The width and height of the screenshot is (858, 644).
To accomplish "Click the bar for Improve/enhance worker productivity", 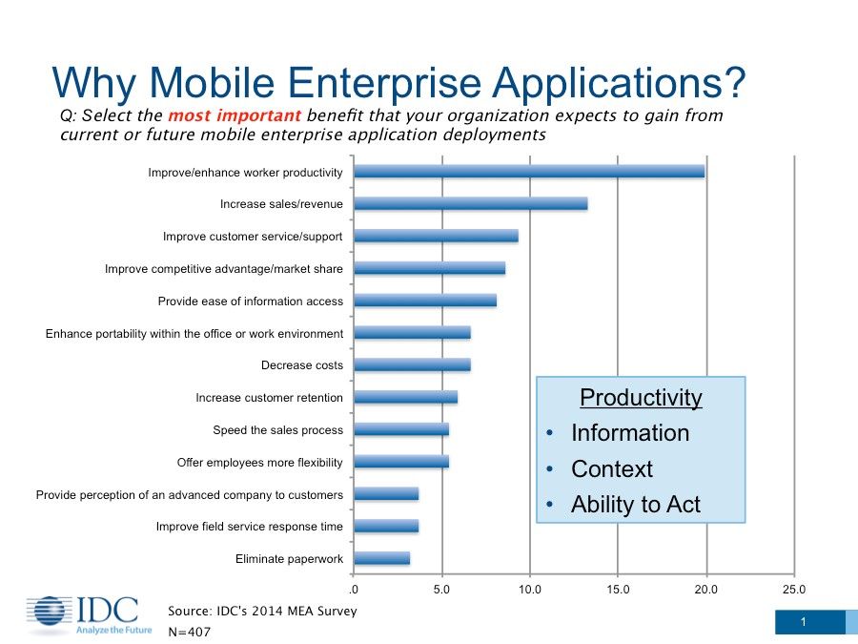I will tap(529, 172).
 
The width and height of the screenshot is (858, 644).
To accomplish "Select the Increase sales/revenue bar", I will tap(470, 203).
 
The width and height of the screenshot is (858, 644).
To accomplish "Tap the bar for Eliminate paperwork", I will tap(381, 558).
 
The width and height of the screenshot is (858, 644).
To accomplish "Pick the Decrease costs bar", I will tap(412, 364).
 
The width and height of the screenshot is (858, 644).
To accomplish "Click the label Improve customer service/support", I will tap(253, 237).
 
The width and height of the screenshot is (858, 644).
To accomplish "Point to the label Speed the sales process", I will tap(277, 430).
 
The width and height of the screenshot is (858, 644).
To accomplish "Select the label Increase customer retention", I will tap(269, 398).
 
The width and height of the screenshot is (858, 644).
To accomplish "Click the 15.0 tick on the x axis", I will tap(618, 590).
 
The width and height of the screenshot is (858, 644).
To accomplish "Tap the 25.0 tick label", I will tap(793, 590).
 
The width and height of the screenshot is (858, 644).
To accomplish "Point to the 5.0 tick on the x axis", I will tap(441, 590).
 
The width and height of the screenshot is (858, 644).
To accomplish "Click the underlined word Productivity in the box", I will tap(641, 398).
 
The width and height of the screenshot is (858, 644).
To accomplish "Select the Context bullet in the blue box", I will tap(611, 469).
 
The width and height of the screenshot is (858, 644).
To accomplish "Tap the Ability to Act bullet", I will tap(635, 506).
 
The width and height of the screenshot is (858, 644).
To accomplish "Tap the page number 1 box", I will tap(804, 623).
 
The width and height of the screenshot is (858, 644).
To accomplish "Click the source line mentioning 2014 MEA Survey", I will tap(262, 611).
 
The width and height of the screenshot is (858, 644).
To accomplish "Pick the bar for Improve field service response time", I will tap(386, 526).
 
